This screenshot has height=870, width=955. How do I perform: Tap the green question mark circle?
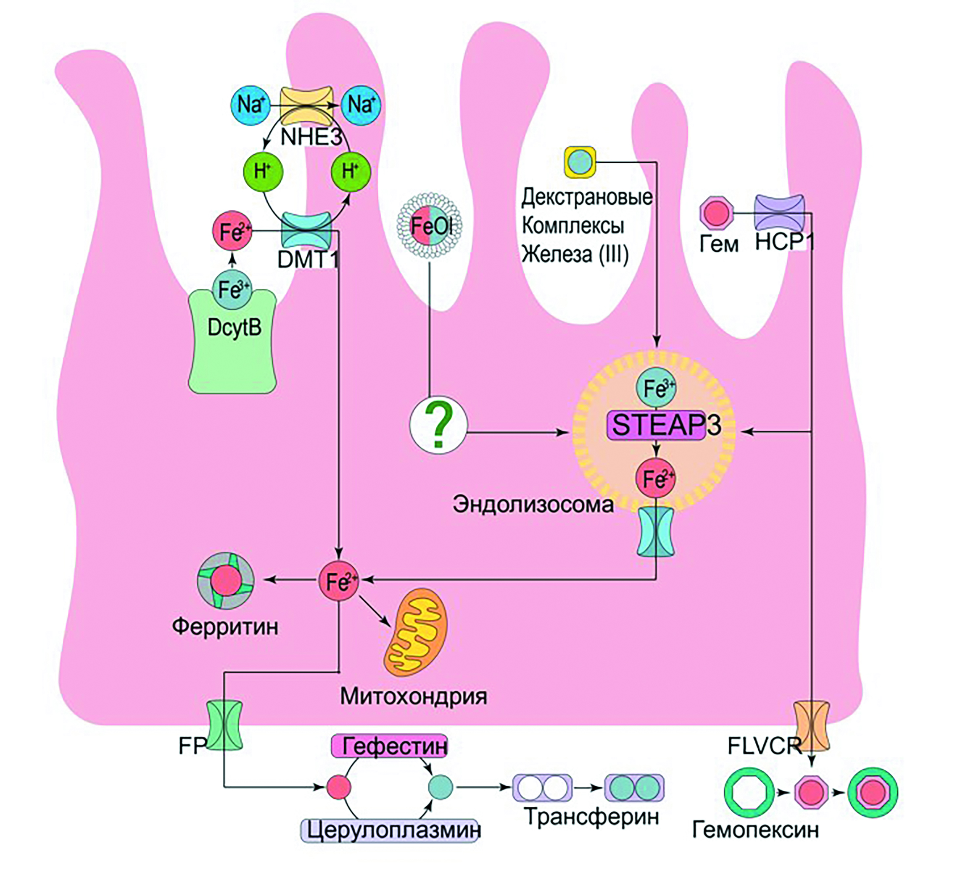[x=438, y=425]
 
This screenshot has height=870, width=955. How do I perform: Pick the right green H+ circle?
[x=351, y=172]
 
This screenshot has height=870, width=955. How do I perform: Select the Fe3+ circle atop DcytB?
[x=232, y=289]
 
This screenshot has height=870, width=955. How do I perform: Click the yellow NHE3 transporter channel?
[x=306, y=105]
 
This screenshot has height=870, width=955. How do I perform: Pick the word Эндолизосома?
[x=533, y=505]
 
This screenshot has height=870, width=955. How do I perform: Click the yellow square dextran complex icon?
[x=580, y=162]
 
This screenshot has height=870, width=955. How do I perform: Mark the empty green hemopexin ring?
[x=749, y=793]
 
